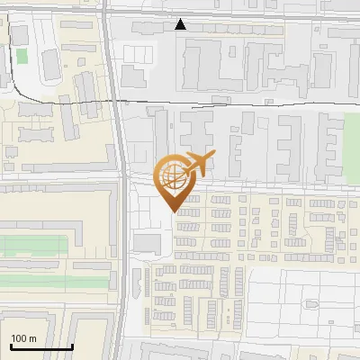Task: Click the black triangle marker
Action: pyautogui.click(x=181, y=25)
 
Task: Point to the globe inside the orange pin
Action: pyautogui.click(x=174, y=176)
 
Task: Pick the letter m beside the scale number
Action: pyautogui.click(x=32, y=338)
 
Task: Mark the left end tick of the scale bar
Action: pyautogui.click(x=10, y=346)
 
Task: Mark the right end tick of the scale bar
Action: pyautogui.click(x=72, y=346)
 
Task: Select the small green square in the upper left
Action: pyautogui.click(x=22, y=56)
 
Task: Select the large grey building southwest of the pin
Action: pyautogui.click(x=147, y=243)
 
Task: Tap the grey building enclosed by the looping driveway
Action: pyautogui.click(x=51, y=64)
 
